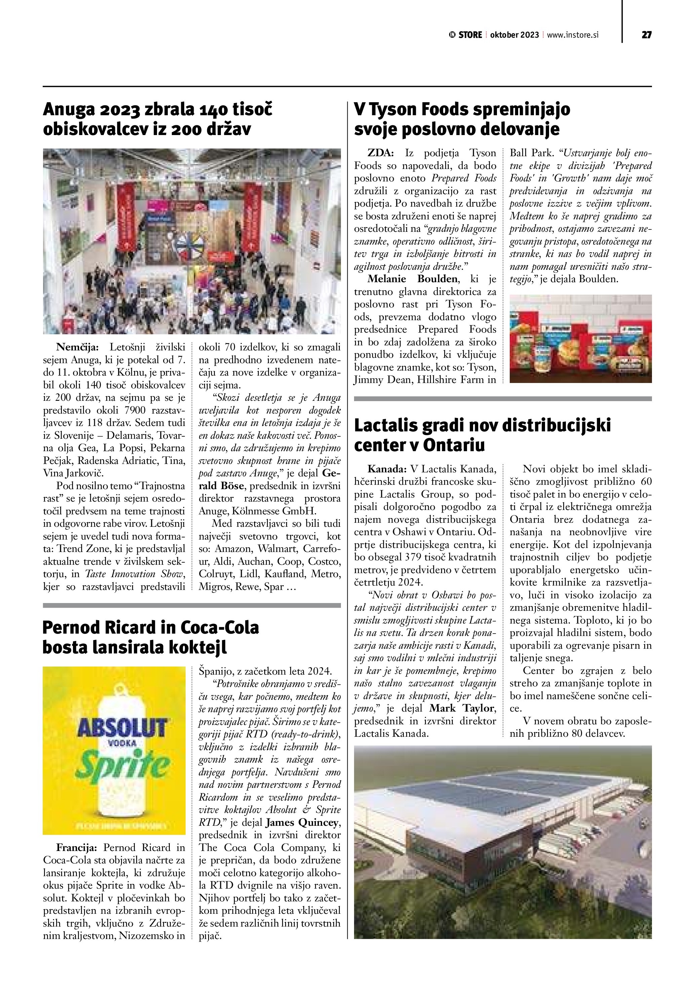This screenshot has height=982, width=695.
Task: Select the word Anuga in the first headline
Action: click(x=69, y=110)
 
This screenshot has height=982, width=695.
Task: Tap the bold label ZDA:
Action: click(x=381, y=153)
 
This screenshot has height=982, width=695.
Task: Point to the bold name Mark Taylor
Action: click(x=463, y=708)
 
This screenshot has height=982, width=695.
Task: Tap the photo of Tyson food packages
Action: click(x=580, y=338)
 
